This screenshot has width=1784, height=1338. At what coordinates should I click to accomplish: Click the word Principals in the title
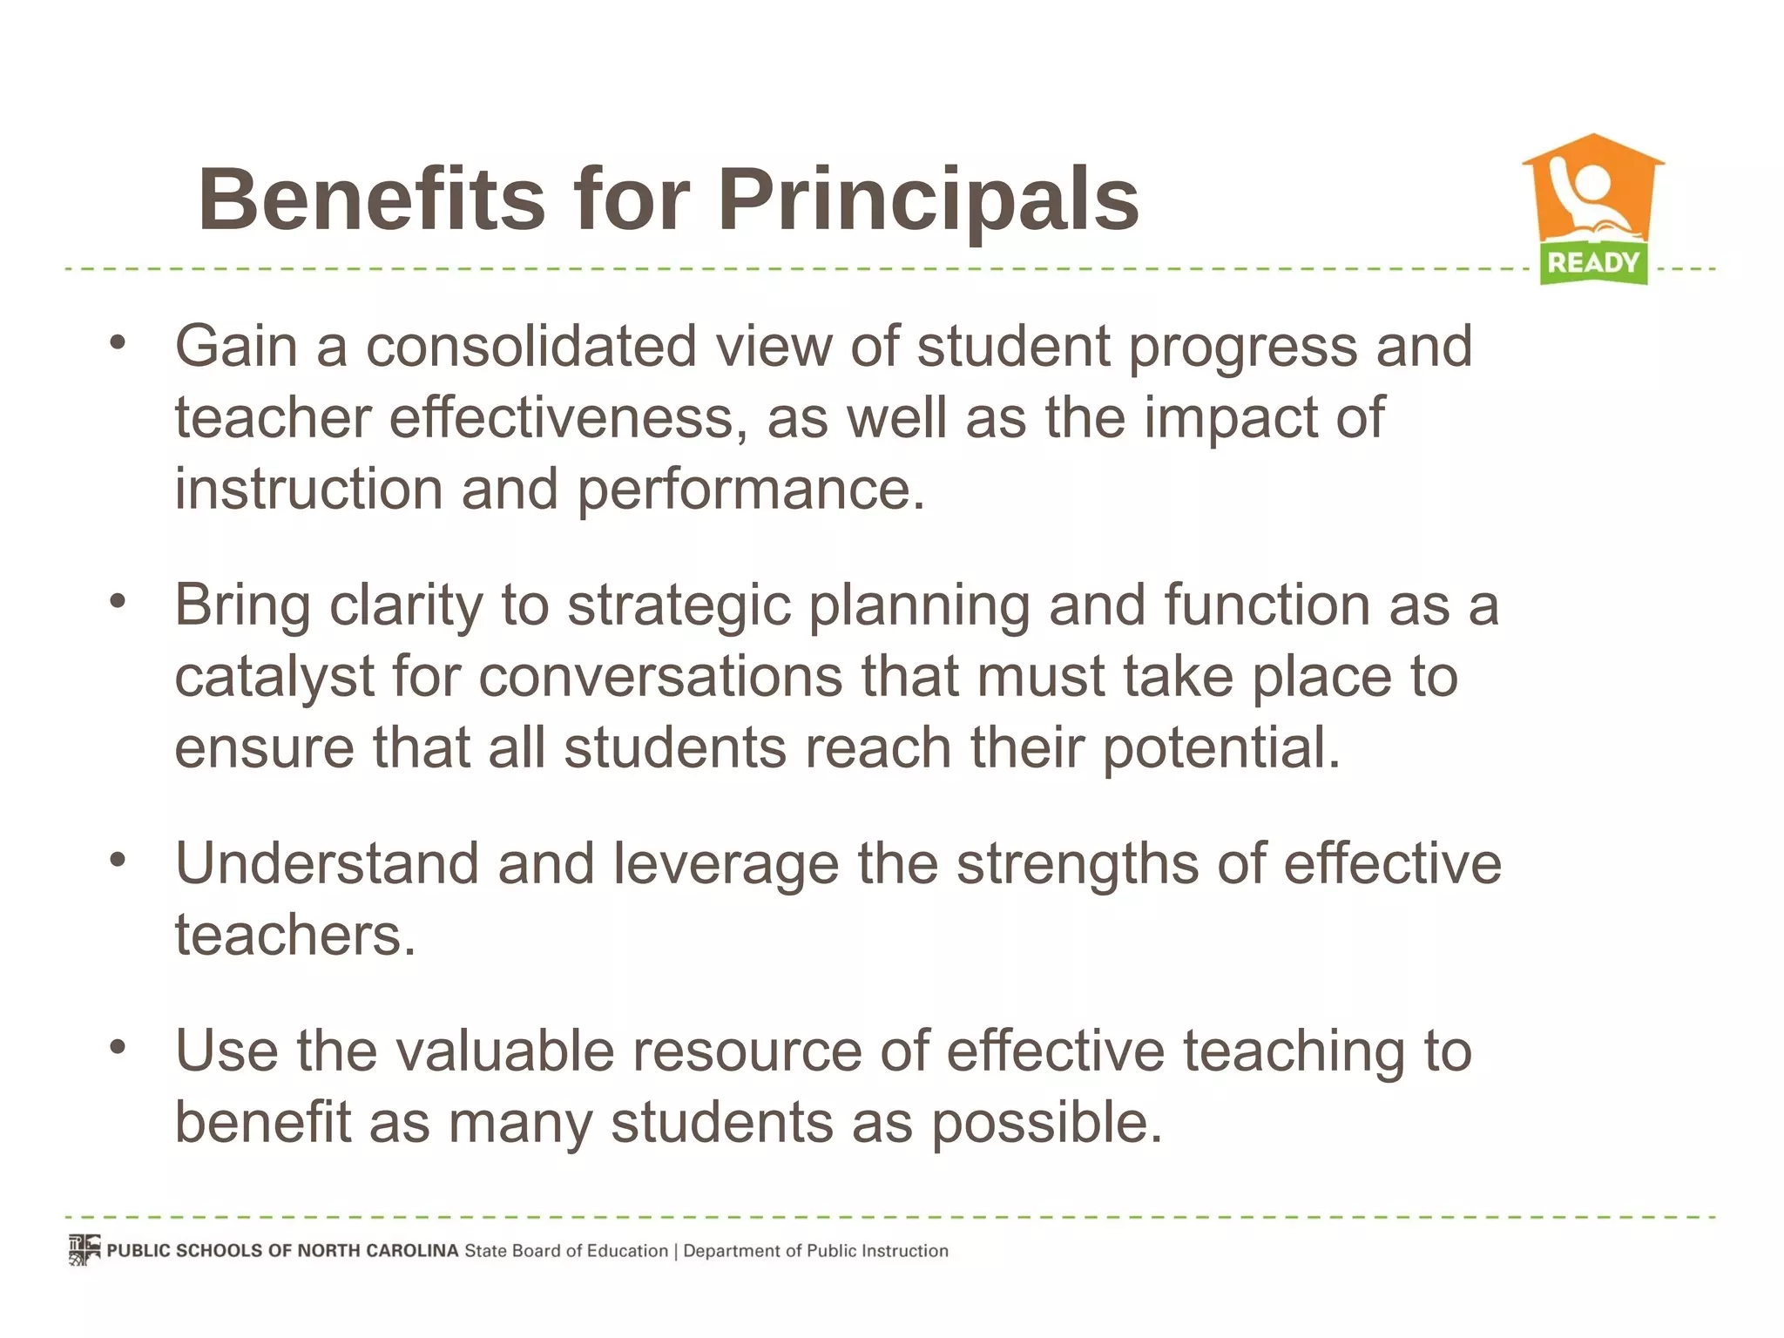click(x=928, y=200)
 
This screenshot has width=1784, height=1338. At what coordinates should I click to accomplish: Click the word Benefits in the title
click(x=371, y=200)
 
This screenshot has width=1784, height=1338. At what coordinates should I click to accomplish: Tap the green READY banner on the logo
click(x=1593, y=262)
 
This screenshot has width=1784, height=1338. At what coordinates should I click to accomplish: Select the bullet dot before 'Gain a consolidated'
click(x=118, y=342)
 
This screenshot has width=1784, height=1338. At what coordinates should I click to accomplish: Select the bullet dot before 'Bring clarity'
click(x=118, y=600)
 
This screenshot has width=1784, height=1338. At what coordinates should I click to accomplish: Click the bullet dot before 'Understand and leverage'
click(x=118, y=860)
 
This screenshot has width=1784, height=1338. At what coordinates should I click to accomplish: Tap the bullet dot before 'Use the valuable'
click(x=118, y=1046)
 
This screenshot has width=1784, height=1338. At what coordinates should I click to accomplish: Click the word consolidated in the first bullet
click(x=530, y=347)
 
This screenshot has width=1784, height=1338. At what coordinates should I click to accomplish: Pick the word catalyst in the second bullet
click(x=274, y=678)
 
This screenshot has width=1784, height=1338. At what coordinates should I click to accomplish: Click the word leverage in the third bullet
click(x=726, y=864)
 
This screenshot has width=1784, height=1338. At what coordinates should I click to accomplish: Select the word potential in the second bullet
click(x=1221, y=749)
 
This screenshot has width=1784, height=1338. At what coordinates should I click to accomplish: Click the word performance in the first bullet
click(x=750, y=491)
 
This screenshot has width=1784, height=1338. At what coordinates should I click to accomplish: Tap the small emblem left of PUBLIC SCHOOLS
click(x=84, y=1250)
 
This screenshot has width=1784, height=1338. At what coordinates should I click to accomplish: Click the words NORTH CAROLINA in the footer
click(x=377, y=1251)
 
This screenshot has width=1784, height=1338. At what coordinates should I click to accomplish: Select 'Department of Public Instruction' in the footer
click(x=815, y=1251)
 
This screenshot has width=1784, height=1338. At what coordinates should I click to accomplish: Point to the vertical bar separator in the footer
click(x=675, y=1251)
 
